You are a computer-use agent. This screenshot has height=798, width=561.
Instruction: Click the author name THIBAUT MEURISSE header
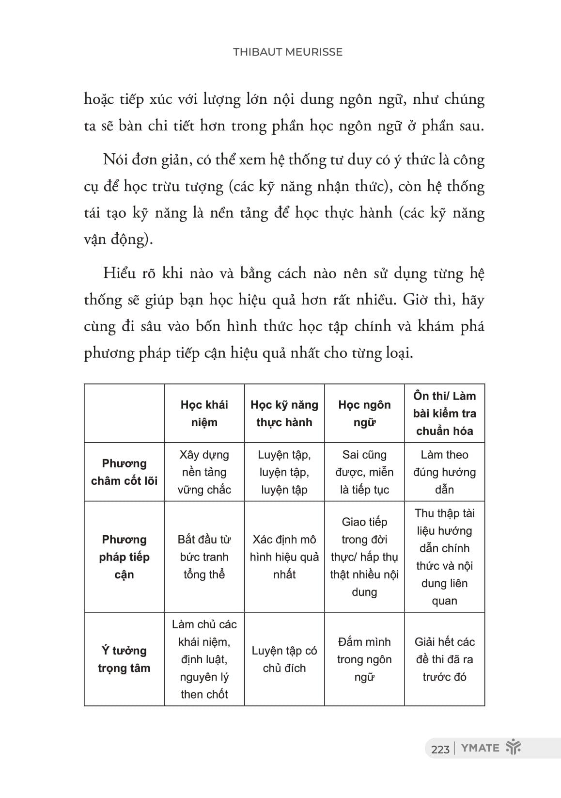pyautogui.click(x=287, y=52)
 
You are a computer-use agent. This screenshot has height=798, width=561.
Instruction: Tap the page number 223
pyautogui.click(x=440, y=749)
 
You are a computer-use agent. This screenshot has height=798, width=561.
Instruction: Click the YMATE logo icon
pyautogui.click(x=513, y=748)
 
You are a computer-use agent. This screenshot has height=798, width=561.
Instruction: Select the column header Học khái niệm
pyautogui.click(x=204, y=414)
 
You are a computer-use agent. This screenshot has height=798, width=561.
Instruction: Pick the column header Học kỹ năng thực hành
pyautogui.click(x=284, y=414)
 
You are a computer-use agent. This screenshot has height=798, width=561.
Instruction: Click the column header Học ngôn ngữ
pyautogui.click(x=364, y=414)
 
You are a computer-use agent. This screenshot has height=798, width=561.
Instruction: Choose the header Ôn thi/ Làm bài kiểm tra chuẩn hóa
pyautogui.click(x=444, y=414)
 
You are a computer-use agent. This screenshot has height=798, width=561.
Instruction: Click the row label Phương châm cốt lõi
pyautogui.click(x=124, y=472)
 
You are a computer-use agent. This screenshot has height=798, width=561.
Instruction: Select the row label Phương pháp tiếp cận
pyautogui.click(x=124, y=557)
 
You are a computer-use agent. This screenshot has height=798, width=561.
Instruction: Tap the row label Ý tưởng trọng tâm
pyautogui.click(x=124, y=659)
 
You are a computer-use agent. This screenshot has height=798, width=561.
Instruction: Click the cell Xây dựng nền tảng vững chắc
pyautogui.click(x=204, y=472)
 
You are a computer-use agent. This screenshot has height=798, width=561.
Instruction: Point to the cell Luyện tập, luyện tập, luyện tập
pyautogui.click(x=284, y=472)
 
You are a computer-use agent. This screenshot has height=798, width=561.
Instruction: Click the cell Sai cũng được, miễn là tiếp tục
pyautogui.click(x=364, y=472)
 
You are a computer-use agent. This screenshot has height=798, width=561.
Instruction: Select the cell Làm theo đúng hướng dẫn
pyautogui.click(x=444, y=472)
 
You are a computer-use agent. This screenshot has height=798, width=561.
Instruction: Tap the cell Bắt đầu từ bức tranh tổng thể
pyautogui.click(x=204, y=557)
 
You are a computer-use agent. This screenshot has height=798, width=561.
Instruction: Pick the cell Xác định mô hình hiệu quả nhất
pyautogui.click(x=284, y=557)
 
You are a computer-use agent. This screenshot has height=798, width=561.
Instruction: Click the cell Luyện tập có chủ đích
pyautogui.click(x=284, y=659)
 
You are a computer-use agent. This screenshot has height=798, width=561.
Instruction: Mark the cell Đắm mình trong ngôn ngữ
pyautogui.click(x=364, y=659)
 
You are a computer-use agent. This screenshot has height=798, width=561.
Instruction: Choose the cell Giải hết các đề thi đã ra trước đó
pyautogui.click(x=444, y=659)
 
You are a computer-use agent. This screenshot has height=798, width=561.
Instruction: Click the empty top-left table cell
pyautogui.click(x=124, y=414)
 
